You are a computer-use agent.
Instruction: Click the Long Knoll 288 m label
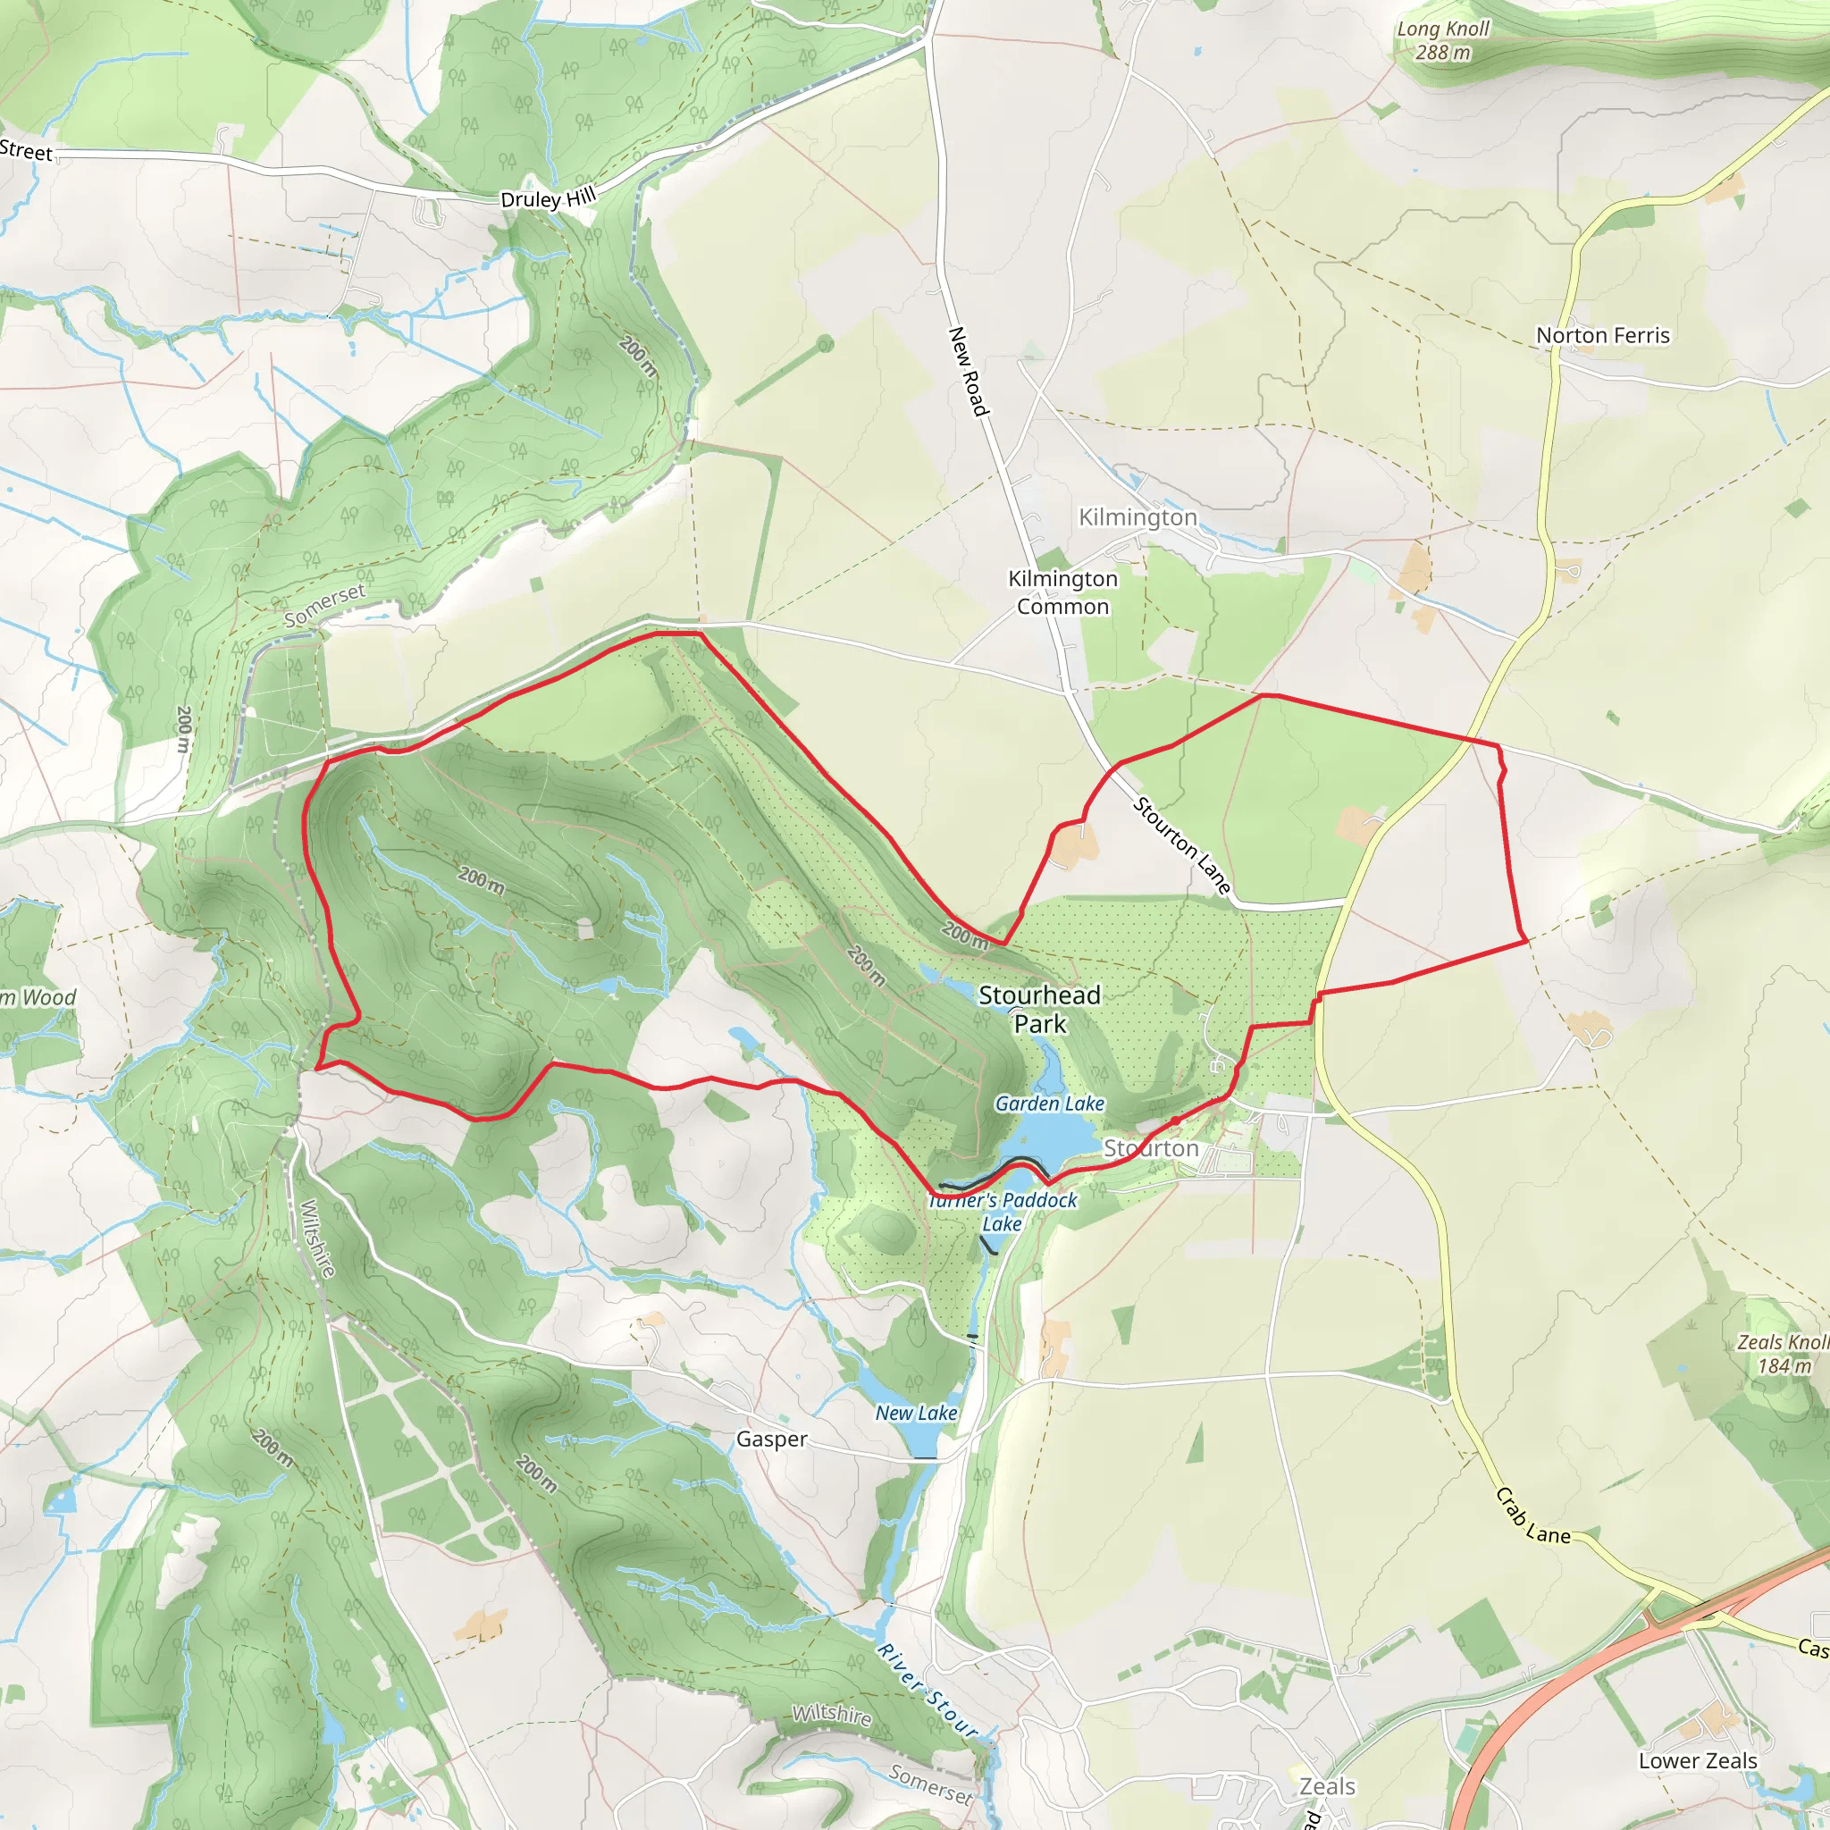[x=1442, y=41]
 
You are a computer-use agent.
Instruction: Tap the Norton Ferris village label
[x=1603, y=335]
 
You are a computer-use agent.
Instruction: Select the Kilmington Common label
[x=1062, y=592]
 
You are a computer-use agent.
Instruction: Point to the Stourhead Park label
[x=1039, y=1009]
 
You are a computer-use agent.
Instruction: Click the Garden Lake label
[x=1050, y=1104]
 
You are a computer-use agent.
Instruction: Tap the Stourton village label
[x=1151, y=1148]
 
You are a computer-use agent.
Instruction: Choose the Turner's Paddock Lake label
[x=1003, y=1212]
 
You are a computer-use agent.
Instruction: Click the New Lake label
[x=916, y=1413]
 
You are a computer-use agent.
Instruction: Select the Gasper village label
[x=772, y=1439]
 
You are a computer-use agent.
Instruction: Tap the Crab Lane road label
[x=1532, y=1515]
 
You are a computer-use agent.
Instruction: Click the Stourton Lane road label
[x=1182, y=845]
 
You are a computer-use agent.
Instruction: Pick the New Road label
[x=968, y=372]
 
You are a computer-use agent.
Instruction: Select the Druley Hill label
[x=549, y=198]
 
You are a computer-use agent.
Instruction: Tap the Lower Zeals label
[x=1698, y=1761]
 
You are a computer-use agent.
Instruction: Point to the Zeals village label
[x=1327, y=1786]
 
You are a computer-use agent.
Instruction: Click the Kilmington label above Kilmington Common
[x=1137, y=517]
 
